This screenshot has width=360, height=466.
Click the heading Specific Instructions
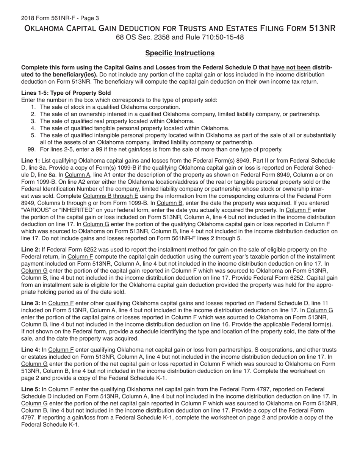coord(180,53)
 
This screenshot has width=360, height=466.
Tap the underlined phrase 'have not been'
coord(291,68)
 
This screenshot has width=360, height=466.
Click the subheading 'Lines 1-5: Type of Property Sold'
coord(66,93)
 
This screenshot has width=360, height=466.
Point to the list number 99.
coord(32,149)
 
